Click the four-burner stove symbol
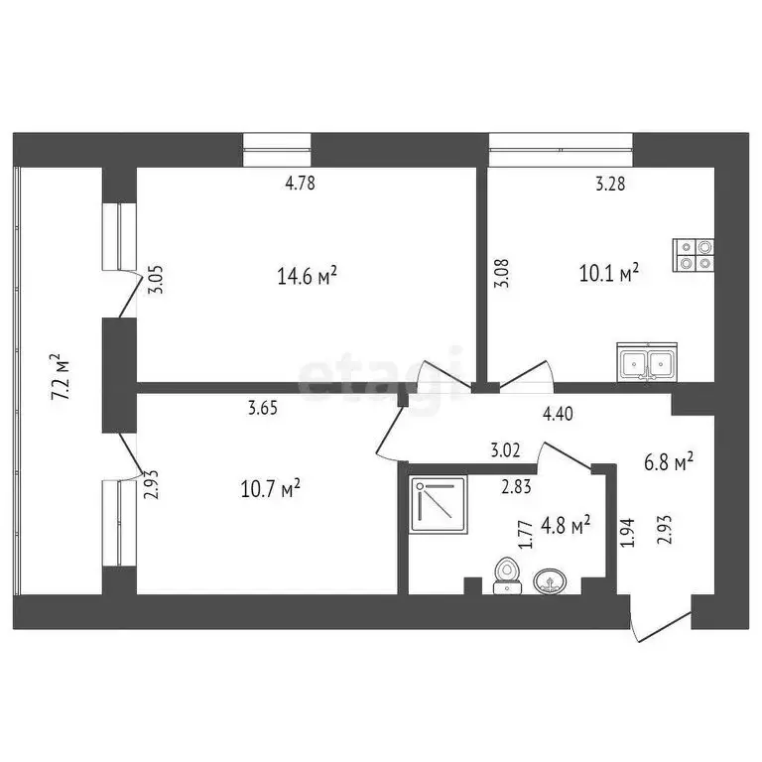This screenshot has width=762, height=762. (693, 255)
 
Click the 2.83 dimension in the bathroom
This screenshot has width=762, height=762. (515, 485)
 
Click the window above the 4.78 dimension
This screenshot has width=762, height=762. (278, 149)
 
